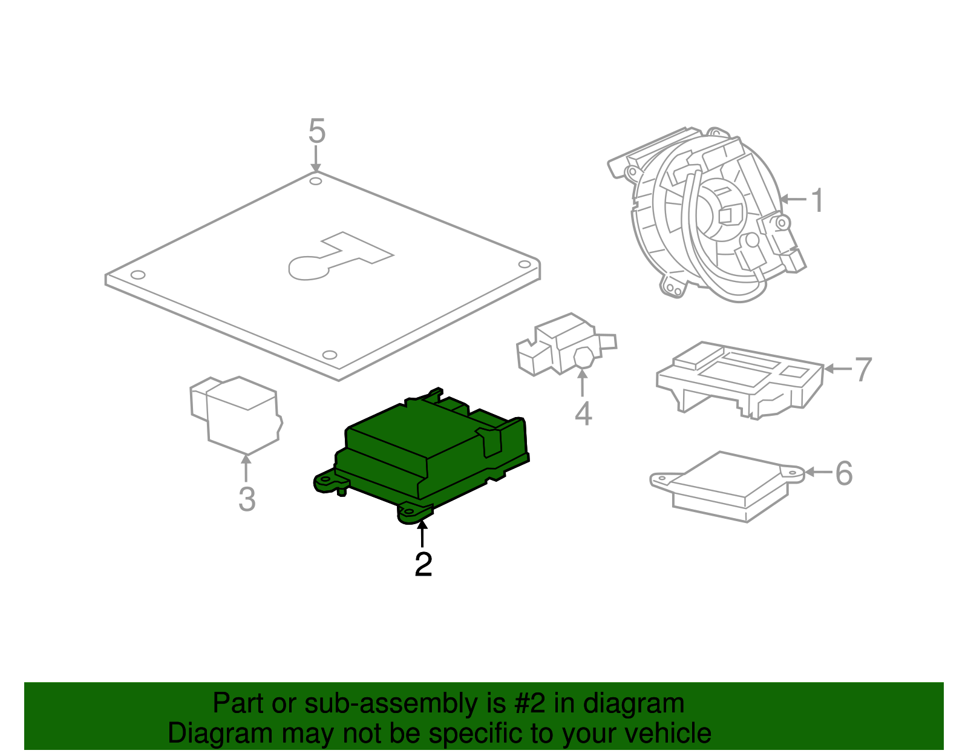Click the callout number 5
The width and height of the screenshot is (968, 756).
[317, 131]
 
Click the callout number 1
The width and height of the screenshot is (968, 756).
[817, 200]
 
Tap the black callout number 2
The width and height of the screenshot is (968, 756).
[423, 564]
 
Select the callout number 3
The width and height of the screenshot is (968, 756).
[246, 499]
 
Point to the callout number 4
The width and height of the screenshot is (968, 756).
[583, 414]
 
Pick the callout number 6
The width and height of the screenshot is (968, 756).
[843, 473]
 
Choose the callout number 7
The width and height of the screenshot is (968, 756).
[863, 369]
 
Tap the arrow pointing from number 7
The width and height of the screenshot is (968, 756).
[838, 369]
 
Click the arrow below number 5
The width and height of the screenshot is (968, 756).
[315, 160]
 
